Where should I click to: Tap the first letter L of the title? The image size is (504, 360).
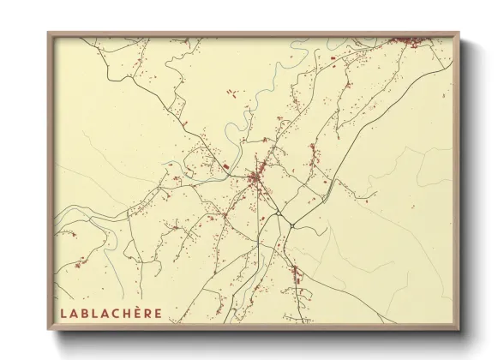coord(62,312)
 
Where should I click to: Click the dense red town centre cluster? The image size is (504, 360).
coord(255,178)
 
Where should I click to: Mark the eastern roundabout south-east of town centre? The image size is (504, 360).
coord(292,225)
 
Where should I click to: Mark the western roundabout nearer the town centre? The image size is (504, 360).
coord(279,213)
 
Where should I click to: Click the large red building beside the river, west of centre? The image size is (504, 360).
coord(225,166)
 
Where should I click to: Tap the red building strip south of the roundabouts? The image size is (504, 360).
coord(297,274)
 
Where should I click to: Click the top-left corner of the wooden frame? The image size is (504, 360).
coord(49,33)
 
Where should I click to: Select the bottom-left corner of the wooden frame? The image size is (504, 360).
coord(49,330)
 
